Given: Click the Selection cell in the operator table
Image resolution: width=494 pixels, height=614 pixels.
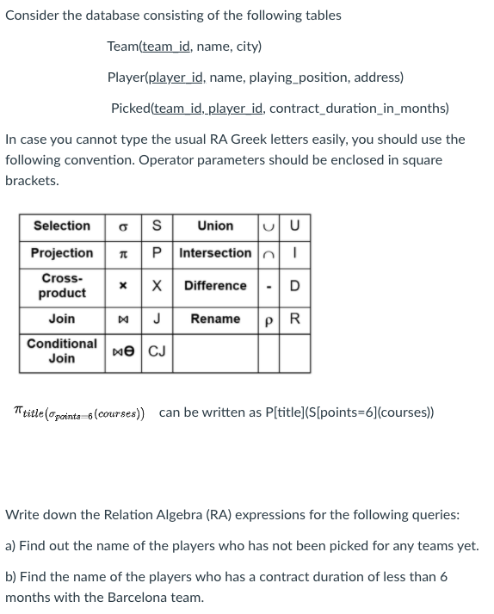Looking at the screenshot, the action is click(x=61, y=226).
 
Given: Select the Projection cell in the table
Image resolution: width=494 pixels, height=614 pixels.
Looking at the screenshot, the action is click(x=61, y=253).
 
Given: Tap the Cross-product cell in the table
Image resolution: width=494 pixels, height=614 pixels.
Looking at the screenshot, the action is click(x=61, y=286).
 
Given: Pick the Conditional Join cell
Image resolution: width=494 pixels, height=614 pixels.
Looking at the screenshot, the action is click(x=61, y=350).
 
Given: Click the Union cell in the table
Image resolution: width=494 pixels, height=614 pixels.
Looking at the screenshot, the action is click(x=215, y=226).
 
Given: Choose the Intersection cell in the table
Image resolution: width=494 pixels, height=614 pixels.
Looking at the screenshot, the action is click(x=215, y=253).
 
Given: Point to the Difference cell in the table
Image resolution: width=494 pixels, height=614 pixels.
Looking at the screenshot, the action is click(x=215, y=286).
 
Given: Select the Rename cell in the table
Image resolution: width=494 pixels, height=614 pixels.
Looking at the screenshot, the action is click(x=215, y=319).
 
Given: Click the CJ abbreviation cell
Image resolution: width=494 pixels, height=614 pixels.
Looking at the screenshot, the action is click(x=157, y=350).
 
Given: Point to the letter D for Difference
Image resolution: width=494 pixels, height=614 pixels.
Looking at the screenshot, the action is click(x=295, y=286).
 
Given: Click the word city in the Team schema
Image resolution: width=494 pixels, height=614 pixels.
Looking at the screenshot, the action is click(x=244, y=47).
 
